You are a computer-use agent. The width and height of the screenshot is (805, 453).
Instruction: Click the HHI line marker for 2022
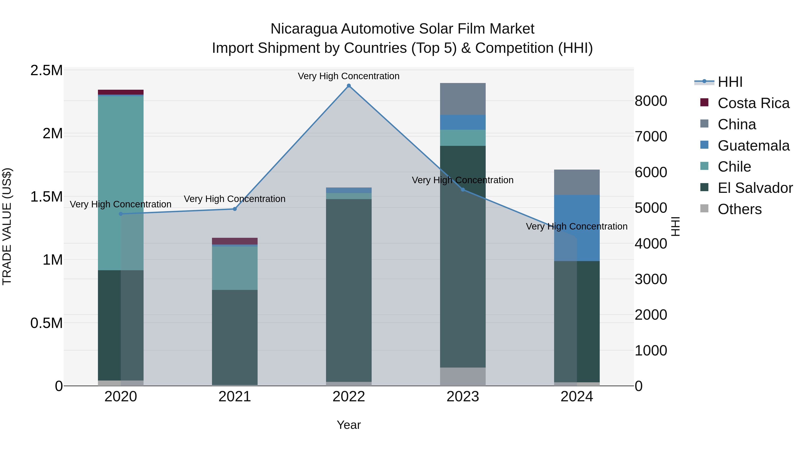coord(349,86)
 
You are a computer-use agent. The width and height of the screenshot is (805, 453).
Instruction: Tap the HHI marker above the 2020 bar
coord(121,214)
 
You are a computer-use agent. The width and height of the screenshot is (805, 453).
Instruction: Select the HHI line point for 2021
coord(235,209)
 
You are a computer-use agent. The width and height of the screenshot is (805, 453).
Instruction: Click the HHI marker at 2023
coord(463,189)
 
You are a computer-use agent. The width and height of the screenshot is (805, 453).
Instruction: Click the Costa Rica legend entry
coord(753,103)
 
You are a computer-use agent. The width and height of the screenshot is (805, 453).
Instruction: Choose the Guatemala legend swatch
coord(704,145)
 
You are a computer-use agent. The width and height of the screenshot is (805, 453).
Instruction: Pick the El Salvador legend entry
coord(755,188)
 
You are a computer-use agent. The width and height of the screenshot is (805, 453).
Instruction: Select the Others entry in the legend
coord(739,209)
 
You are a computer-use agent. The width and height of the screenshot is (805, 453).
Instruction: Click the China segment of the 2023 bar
coord(463,99)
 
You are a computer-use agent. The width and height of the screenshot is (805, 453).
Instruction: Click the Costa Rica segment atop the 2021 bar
coord(235,241)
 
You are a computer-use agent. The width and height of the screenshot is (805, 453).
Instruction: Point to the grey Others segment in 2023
coord(463,376)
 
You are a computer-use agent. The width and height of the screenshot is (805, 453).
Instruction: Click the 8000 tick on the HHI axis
coord(651,101)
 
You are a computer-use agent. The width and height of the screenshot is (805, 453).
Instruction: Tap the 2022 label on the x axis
coord(349,397)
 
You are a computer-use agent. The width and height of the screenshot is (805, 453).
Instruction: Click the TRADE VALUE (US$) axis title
coord(7,227)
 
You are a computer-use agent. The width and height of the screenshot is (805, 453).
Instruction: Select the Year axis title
coord(349,425)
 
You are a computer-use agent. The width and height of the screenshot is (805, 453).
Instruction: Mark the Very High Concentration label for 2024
coord(576,226)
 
